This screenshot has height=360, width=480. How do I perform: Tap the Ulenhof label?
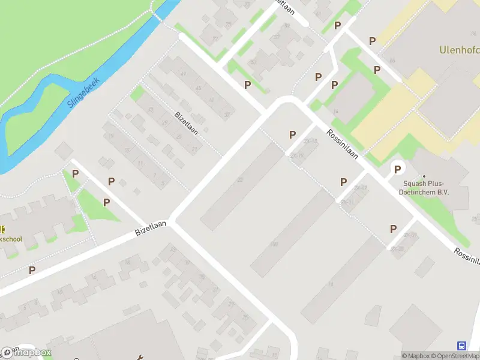[x=459, y=50]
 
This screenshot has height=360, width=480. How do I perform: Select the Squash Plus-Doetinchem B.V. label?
[x=425, y=188]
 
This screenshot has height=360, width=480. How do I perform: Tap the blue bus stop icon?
[x=461, y=346]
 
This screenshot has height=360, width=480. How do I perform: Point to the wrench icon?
[x=141, y=358]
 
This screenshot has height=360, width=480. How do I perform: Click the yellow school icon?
[x=2, y=229]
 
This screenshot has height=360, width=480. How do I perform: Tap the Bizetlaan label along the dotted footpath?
[x=186, y=122]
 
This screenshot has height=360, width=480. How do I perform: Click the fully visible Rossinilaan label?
[x=343, y=145]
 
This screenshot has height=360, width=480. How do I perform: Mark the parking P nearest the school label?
[x=32, y=270]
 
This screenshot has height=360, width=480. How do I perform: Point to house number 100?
[x=274, y=244]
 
